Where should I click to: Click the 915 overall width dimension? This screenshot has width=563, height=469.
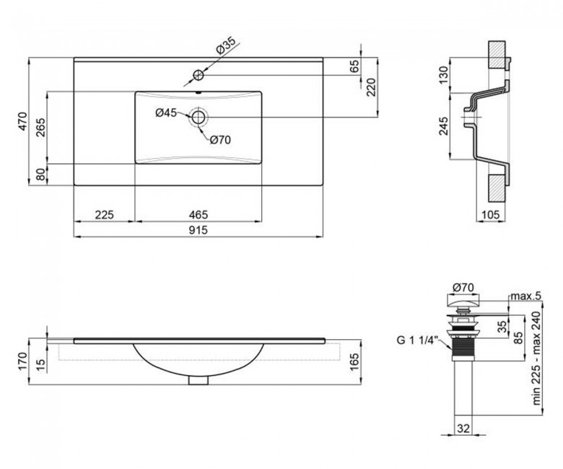(x=198, y=229)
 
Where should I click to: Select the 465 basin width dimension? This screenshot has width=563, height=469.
(x=198, y=214)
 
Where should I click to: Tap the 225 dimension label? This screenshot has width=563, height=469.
(x=104, y=214)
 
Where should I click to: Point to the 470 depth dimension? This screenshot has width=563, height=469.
(x=22, y=121)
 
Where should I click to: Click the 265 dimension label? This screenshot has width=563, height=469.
(x=41, y=128)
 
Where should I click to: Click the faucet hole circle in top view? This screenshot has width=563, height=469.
(x=198, y=75)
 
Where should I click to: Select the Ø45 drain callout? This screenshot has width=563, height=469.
(x=166, y=113)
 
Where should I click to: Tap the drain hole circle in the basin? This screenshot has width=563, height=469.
(x=198, y=117)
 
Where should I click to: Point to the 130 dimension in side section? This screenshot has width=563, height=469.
(x=444, y=75)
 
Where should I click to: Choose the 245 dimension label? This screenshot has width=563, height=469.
(x=444, y=126)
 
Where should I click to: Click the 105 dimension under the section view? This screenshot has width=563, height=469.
(x=490, y=214)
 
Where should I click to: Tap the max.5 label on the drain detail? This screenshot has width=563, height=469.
(x=525, y=296)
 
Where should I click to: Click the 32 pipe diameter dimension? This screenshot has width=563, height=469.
(x=463, y=428)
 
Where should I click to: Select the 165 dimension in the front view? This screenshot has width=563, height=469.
(x=354, y=362)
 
